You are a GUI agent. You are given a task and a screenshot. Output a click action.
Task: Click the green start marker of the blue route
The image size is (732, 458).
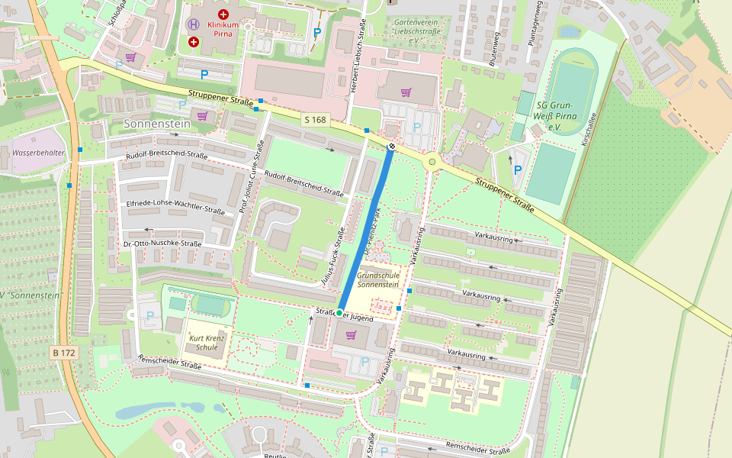339,313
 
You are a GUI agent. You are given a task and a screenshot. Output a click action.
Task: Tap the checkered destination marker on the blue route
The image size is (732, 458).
391,146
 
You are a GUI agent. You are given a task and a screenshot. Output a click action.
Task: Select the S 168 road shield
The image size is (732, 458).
315,120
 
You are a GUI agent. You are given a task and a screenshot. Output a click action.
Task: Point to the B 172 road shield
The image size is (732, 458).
64,353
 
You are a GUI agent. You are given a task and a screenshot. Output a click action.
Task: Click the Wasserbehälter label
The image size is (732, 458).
38,153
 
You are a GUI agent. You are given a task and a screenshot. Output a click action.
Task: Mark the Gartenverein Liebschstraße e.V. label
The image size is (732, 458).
417,27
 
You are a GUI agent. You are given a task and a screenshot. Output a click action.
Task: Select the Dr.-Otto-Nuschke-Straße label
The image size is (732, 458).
162,244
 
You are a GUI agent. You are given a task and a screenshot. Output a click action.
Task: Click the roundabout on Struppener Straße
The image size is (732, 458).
432,161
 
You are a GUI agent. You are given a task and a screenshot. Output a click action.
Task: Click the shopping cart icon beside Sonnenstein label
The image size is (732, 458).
202,116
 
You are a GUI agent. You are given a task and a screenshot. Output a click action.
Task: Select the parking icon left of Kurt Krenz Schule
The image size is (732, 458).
149,315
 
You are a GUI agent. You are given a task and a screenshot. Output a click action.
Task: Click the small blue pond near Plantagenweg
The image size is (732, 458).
568,31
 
